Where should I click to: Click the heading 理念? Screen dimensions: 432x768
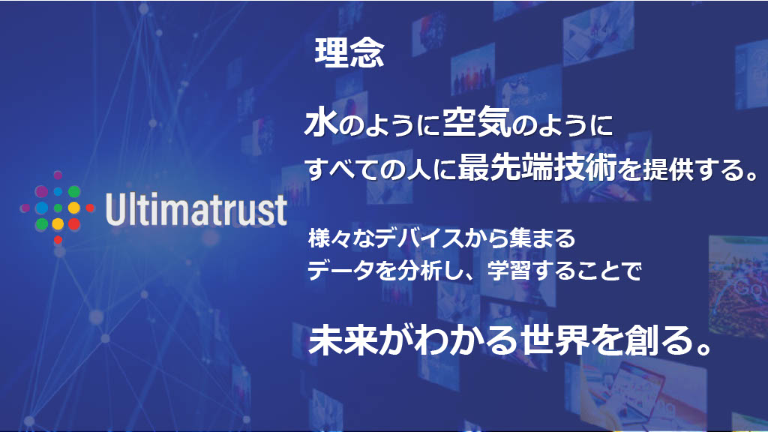tap(349, 53)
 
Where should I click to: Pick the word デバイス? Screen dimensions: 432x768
tap(430, 239)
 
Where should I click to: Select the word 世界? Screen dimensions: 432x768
tap(553, 341)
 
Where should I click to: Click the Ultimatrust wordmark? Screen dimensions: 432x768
tap(196, 210)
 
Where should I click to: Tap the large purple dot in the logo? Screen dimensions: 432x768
tap(42, 191)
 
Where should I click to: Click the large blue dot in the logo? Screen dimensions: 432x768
tap(42, 207)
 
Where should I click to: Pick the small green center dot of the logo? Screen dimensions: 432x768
tap(58, 207)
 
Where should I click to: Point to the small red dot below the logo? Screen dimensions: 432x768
tap(58, 239)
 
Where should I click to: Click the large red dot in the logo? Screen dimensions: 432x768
tap(73, 223)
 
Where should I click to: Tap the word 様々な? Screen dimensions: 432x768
tap(334, 239)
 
